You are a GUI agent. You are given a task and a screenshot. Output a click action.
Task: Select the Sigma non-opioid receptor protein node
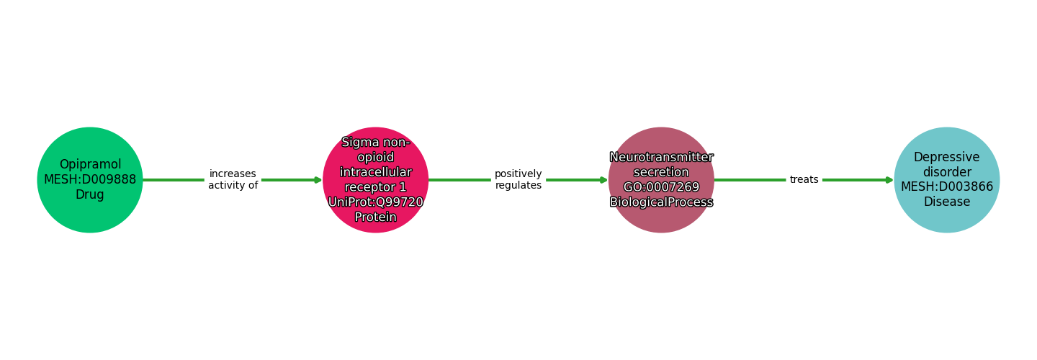click(x=375, y=180)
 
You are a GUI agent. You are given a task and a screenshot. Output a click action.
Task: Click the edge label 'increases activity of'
click(x=233, y=180)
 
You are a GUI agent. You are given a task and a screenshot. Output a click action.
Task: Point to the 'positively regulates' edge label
click(x=518, y=180)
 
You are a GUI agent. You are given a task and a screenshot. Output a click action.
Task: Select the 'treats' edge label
click(x=804, y=180)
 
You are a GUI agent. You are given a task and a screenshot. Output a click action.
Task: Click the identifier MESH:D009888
click(x=90, y=180)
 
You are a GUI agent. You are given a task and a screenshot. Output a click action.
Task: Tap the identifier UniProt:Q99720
click(x=375, y=202)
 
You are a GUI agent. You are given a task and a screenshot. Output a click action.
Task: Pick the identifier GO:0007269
click(x=661, y=187)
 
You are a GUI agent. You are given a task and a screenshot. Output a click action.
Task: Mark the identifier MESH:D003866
click(x=947, y=187)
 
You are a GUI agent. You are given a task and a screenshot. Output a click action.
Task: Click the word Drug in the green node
click(x=90, y=195)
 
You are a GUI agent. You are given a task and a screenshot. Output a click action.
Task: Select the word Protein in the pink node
click(x=375, y=217)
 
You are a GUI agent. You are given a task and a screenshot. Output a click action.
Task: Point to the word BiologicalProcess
click(x=661, y=202)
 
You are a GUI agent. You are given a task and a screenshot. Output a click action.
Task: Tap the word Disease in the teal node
click(x=947, y=202)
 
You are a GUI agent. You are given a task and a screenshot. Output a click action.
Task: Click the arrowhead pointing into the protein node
click(x=318, y=180)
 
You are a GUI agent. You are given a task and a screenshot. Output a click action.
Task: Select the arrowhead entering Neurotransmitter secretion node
click(x=603, y=180)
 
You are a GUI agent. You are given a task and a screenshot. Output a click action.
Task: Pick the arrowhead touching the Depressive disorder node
click(x=889, y=180)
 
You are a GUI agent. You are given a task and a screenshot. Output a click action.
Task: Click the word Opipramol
click(x=90, y=165)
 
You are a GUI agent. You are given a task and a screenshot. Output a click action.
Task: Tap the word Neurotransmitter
click(x=661, y=157)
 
